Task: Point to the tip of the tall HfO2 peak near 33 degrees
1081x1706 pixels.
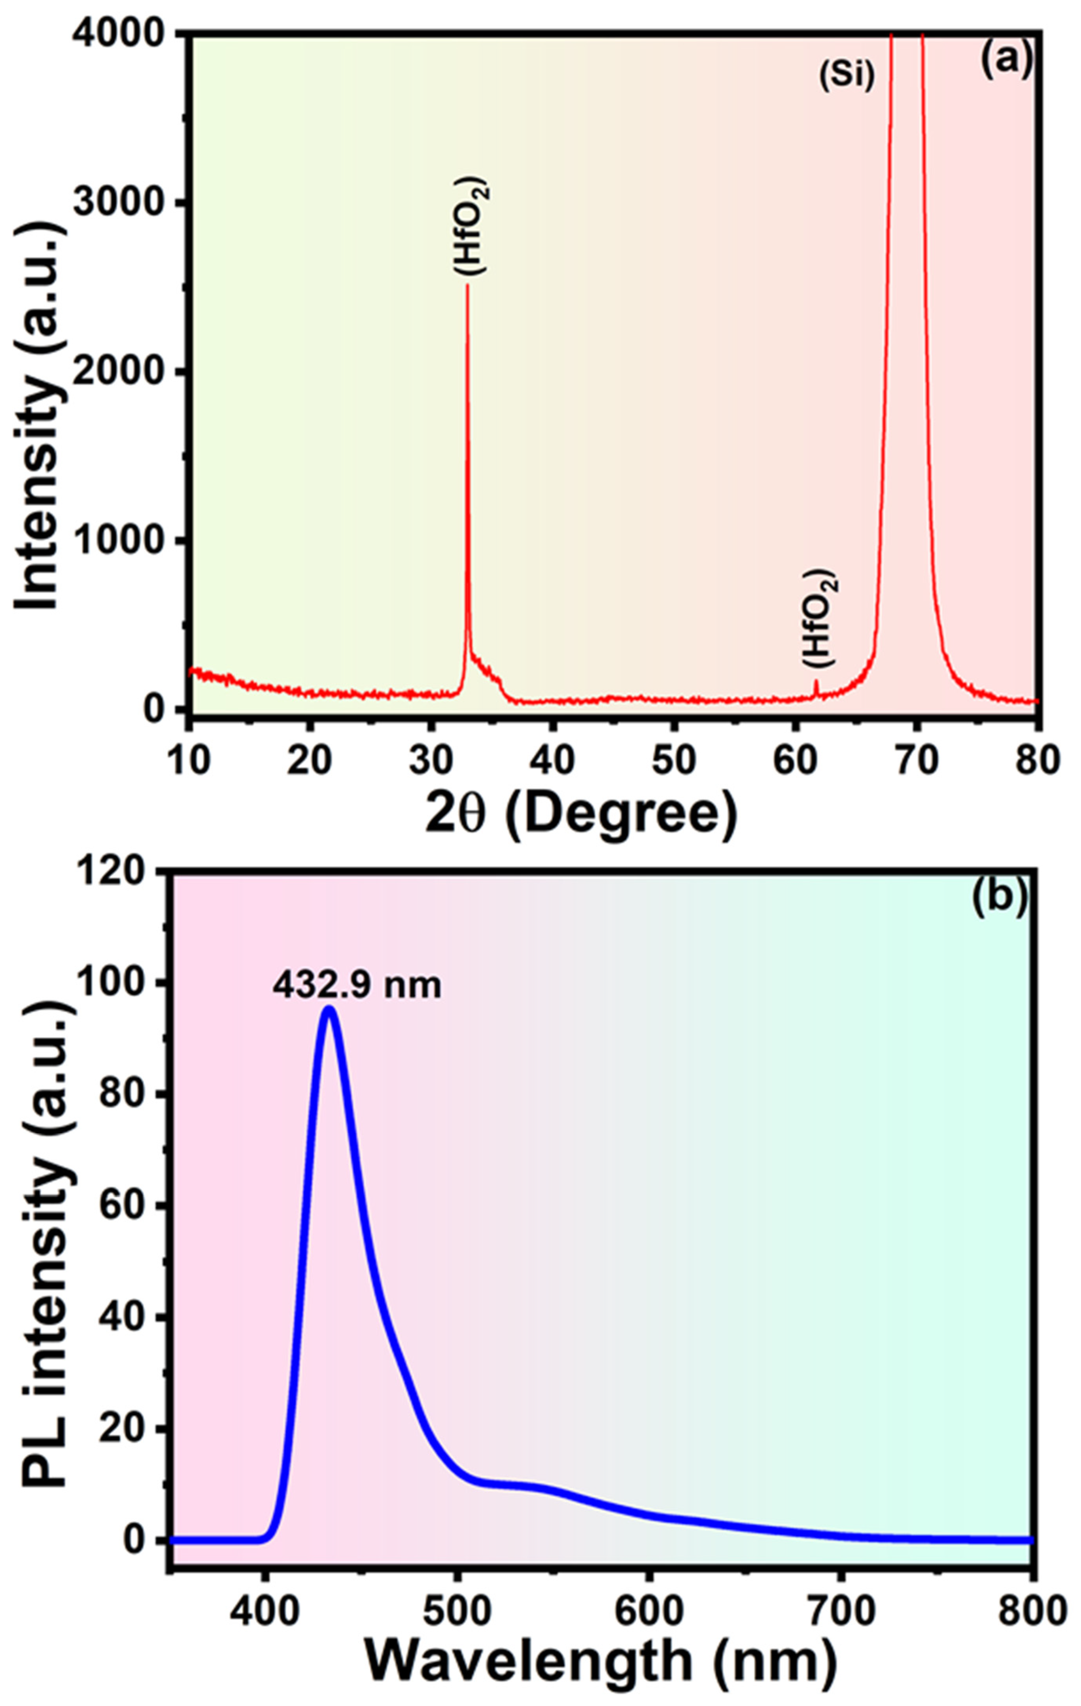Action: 467,285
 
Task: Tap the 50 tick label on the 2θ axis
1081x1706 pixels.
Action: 674,760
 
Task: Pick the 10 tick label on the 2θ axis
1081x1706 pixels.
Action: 189,760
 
